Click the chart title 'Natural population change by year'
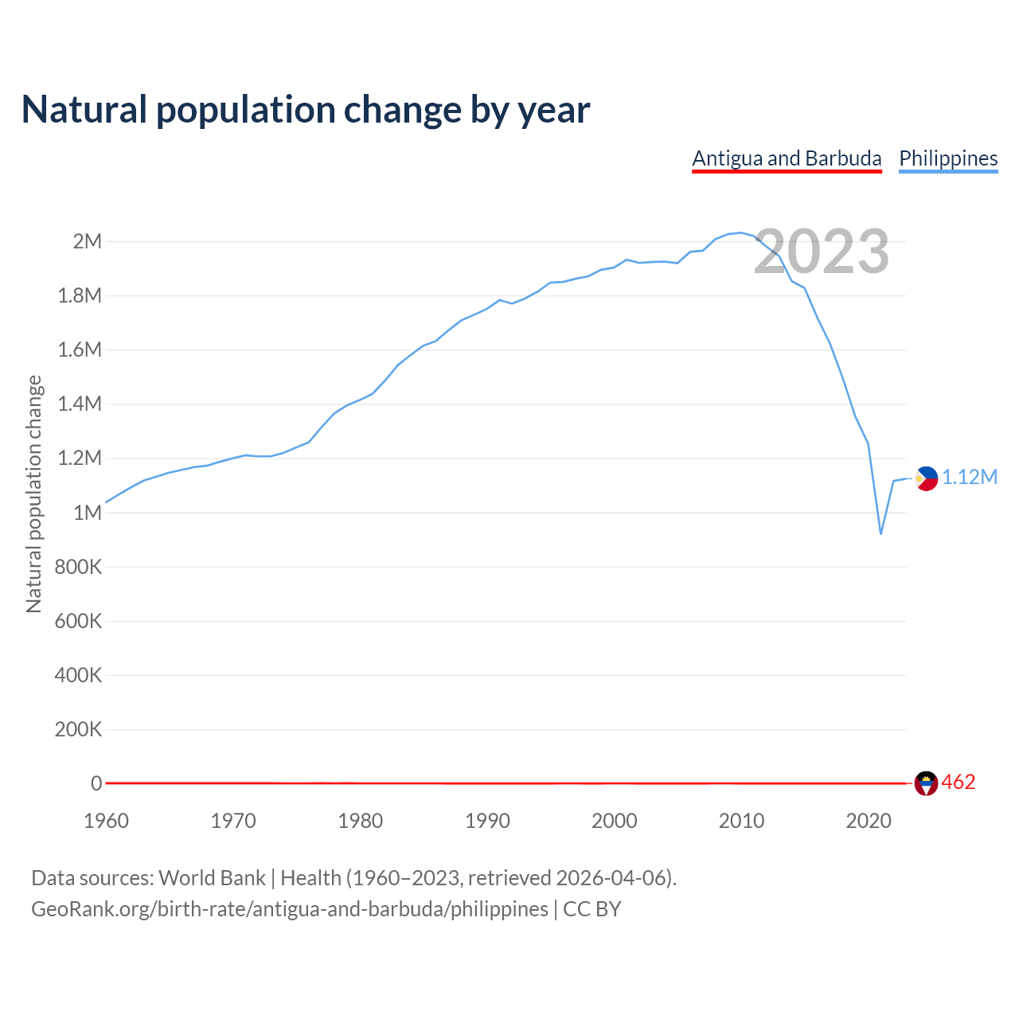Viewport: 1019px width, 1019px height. pyautogui.click(x=306, y=110)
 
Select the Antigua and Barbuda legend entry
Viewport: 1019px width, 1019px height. pyautogui.click(x=787, y=158)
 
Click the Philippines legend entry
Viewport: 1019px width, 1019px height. pyautogui.click(x=948, y=158)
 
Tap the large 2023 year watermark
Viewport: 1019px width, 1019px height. pyautogui.click(x=822, y=252)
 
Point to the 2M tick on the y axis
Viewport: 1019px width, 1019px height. pyautogui.click(x=88, y=241)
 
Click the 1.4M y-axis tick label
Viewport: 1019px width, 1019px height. pyautogui.click(x=80, y=404)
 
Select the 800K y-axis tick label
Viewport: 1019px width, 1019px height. pyautogui.click(x=79, y=567)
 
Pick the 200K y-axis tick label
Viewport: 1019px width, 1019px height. pyautogui.click(x=79, y=729)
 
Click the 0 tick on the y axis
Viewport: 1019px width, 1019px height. pyautogui.click(x=96, y=783)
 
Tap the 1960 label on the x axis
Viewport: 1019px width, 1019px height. pyautogui.click(x=106, y=821)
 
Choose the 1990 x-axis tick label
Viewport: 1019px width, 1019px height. pyautogui.click(x=487, y=821)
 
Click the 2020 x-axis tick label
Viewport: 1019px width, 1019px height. pyautogui.click(x=869, y=821)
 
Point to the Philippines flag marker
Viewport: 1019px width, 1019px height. pyautogui.click(x=926, y=478)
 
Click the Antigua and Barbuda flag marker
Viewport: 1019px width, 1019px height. pyautogui.click(x=926, y=783)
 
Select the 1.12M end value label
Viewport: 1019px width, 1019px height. pyautogui.click(x=970, y=477)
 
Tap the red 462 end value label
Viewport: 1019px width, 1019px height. pyautogui.click(x=958, y=783)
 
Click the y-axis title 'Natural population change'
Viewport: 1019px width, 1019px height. pyautogui.click(x=33, y=494)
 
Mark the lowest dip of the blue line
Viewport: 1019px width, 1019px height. pyautogui.click(x=880, y=533)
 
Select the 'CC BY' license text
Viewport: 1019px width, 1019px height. pyautogui.click(x=592, y=909)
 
